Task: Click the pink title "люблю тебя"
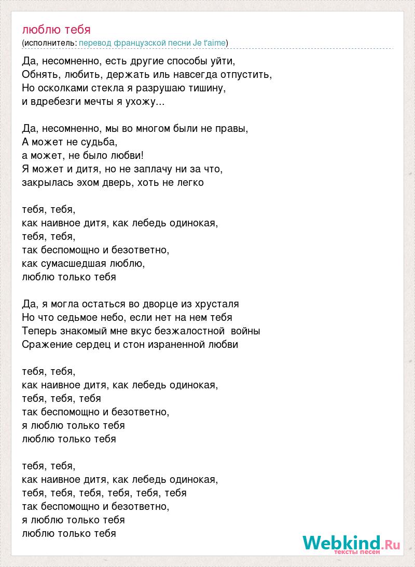point(57,29)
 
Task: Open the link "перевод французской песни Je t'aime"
point(153,43)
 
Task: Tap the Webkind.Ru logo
point(351,544)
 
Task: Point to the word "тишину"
point(208,88)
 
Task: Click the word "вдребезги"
point(53,101)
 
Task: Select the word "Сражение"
point(45,344)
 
